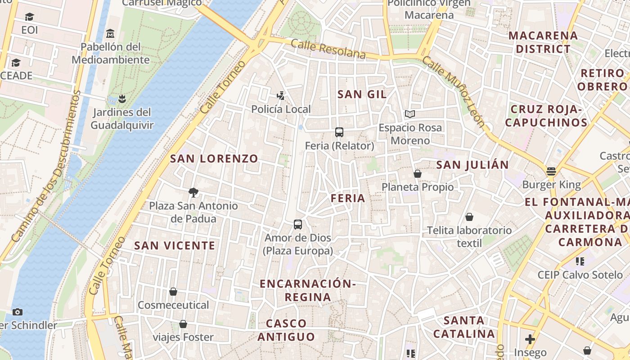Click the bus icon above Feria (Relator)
[339, 132]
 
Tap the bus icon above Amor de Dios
[297, 224]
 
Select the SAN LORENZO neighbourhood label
[214, 158]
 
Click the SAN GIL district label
[362, 94]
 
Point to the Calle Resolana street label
[328, 49]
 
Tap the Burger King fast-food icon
[551, 171]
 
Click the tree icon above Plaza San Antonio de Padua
[193, 193]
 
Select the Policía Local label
[281, 109]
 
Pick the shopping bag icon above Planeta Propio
[418, 174]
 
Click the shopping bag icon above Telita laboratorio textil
[469, 217]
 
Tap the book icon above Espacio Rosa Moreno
[409, 114]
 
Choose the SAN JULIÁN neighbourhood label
[472, 165]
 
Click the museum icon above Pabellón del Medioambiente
[110, 33]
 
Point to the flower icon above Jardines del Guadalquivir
[122, 98]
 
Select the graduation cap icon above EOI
[30, 17]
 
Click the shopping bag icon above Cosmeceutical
[173, 292]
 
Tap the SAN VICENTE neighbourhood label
[175, 245]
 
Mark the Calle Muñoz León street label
[454, 93]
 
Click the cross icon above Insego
[530, 339]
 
